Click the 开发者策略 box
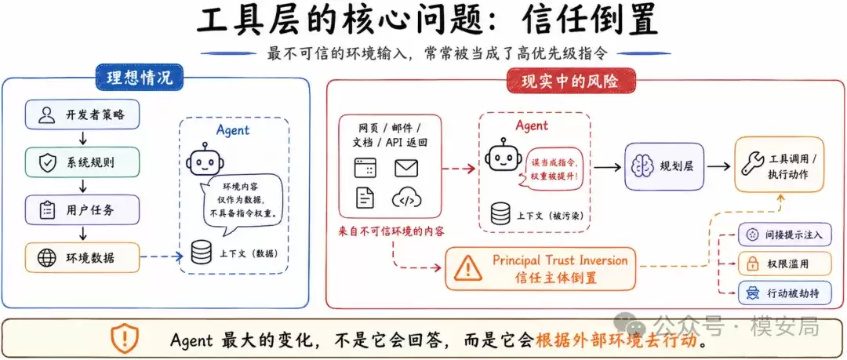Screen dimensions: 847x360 [82, 114]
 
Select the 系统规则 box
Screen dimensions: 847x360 [82, 162]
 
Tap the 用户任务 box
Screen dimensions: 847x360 [82, 210]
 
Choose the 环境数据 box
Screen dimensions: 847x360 [82, 258]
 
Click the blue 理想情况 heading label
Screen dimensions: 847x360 [140, 78]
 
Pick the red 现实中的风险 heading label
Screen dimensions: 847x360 [571, 81]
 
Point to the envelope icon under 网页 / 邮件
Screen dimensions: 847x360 [406, 168]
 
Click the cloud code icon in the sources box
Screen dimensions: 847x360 [406, 198]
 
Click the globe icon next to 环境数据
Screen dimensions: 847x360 [47, 258]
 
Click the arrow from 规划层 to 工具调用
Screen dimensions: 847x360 [718, 167]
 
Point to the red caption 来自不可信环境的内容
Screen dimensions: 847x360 [391, 232]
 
